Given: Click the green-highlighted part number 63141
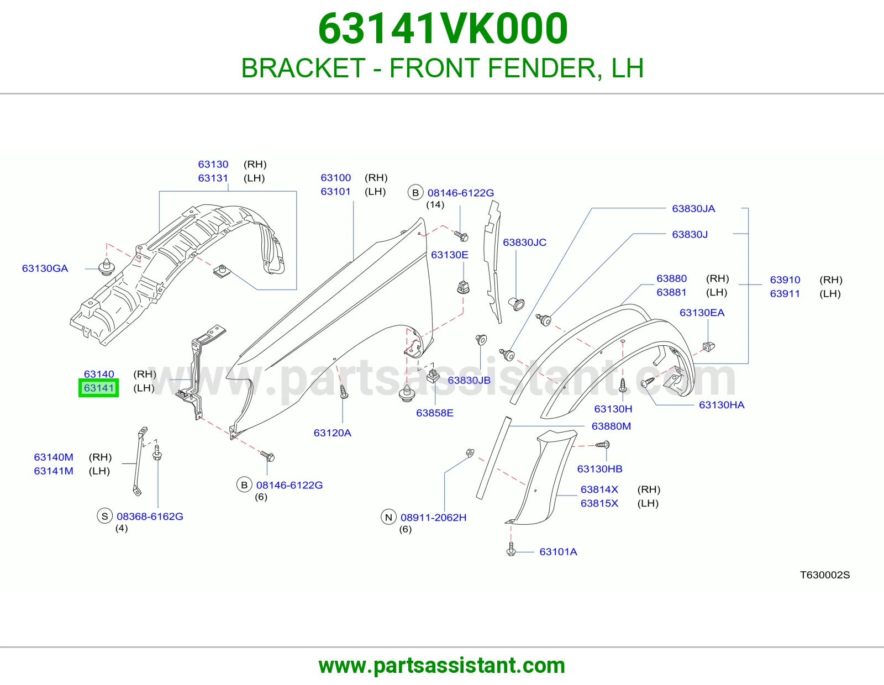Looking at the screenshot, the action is click(x=98, y=388).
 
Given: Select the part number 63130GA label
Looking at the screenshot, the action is click(x=45, y=268).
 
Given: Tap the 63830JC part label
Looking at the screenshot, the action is click(x=524, y=243).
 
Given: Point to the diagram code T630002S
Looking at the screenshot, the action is click(x=825, y=575).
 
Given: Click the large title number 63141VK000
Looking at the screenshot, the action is click(x=443, y=29).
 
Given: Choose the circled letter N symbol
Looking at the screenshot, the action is click(x=388, y=517).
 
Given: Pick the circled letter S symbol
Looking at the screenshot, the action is click(x=104, y=516).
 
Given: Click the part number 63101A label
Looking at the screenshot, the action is click(x=558, y=551).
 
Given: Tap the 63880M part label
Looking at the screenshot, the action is click(x=611, y=426).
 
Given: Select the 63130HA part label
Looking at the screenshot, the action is click(x=722, y=405).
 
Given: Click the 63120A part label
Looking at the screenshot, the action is click(x=333, y=433).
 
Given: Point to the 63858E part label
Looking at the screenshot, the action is click(x=434, y=413).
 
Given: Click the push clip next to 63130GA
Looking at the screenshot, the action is click(x=107, y=267).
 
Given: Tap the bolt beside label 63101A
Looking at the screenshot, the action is click(x=512, y=549).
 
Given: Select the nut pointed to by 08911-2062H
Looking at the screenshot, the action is click(x=470, y=452).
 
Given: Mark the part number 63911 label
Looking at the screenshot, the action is click(x=785, y=294).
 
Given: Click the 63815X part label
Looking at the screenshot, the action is click(x=599, y=503).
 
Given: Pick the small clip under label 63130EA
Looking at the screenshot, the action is click(x=709, y=346).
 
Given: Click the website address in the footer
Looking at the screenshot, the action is click(x=442, y=666).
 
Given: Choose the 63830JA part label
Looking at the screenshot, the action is click(x=693, y=209).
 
